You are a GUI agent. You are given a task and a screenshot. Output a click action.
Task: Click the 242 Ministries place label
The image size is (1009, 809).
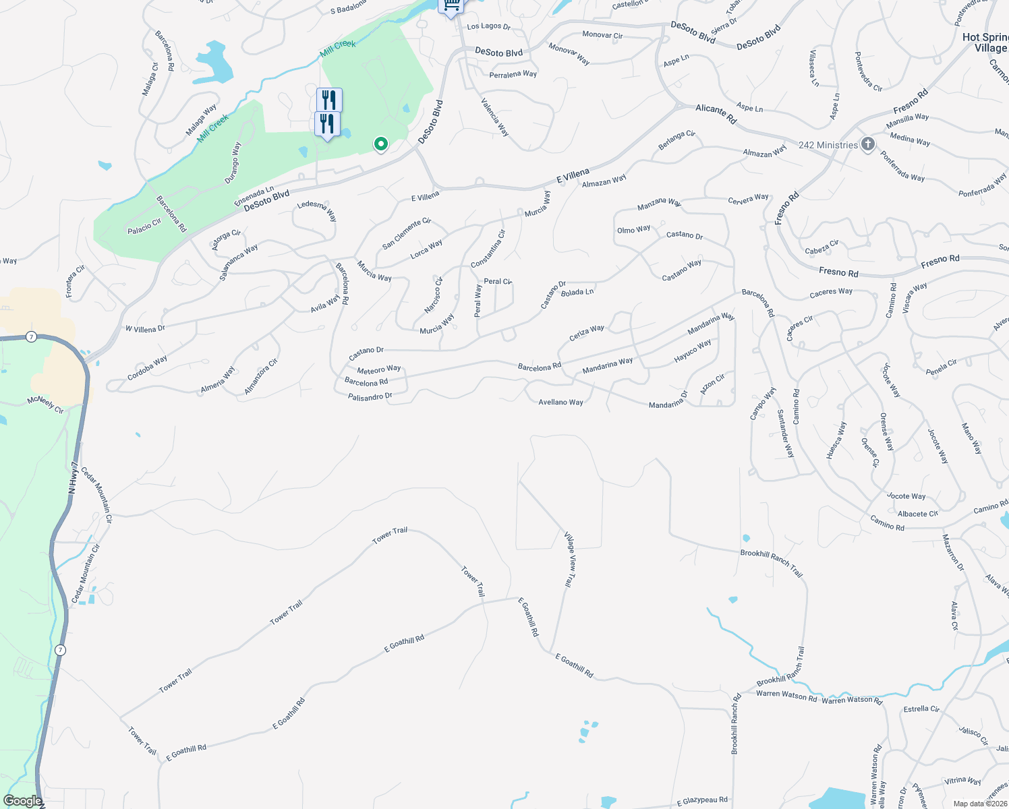828,145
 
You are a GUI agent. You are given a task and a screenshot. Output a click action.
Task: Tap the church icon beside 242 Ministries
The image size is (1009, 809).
867,144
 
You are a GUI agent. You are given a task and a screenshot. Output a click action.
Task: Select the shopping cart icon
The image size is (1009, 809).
451,6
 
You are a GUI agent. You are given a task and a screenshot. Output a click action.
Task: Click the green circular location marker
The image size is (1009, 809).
381,144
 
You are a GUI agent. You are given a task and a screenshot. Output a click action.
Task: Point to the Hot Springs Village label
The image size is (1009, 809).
986,42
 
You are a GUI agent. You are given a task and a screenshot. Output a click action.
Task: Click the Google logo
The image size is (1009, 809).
22,801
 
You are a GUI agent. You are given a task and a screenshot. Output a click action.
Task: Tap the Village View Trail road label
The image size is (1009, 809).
571,559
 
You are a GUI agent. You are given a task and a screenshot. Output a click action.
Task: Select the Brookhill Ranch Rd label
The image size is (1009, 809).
735,724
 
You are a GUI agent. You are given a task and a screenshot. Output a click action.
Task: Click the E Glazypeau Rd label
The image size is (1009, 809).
702,800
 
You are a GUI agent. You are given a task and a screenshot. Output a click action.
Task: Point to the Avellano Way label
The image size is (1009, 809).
560,402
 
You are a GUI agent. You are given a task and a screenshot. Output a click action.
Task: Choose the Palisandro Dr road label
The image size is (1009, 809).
370,397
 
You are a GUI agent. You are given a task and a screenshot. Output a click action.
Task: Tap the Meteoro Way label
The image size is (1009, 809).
379,369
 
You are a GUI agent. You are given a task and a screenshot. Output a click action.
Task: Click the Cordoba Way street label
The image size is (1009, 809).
147,367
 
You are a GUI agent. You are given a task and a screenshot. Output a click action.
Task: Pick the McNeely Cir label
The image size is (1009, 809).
45,404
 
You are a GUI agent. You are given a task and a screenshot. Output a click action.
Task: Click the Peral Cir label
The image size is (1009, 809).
498,281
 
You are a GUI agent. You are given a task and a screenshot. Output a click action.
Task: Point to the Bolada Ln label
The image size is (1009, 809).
577,292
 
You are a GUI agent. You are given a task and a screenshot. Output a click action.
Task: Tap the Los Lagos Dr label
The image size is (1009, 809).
489,26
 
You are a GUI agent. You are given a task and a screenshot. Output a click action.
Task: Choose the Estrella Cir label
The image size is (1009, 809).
921,709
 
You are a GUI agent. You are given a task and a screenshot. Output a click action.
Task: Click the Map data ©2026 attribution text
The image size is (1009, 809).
980,804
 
